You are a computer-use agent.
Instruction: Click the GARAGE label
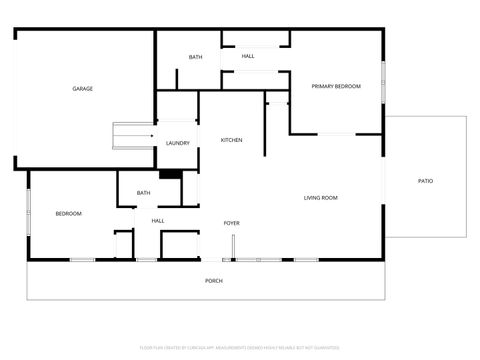[83, 89]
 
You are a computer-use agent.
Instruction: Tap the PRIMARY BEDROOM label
[335, 87]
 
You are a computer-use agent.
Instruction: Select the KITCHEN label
[231, 140]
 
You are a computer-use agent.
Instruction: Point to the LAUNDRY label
[178, 144]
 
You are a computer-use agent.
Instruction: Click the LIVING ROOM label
[320, 198]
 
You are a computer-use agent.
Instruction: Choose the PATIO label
[425, 181]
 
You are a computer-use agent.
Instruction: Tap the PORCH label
[213, 281]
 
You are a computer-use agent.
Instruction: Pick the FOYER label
[231, 223]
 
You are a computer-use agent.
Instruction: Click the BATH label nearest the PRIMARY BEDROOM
[195, 57]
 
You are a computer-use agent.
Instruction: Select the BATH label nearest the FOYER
[143, 193]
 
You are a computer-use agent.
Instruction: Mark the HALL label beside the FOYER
[158, 221]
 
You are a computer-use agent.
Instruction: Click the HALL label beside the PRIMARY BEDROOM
[247, 56]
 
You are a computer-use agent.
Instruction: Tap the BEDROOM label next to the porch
[68, 214]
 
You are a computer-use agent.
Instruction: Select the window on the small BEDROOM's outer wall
[28, 211]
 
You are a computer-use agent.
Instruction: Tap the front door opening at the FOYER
[234, 247]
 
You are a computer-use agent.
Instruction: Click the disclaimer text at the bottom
[239, 348]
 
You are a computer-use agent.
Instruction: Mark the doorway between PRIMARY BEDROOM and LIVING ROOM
[337, 133]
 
